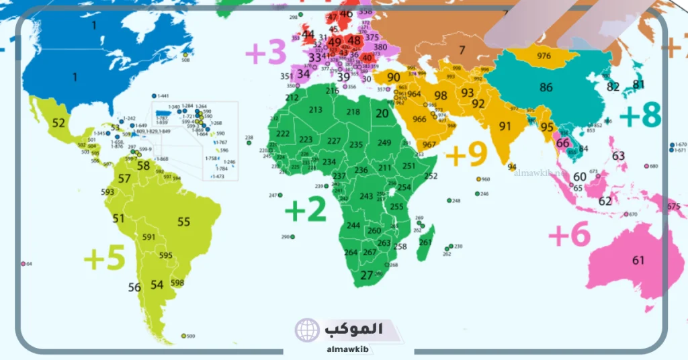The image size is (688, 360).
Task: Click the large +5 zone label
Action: (x=104, y=258)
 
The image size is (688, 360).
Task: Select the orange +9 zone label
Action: (x=466, y=154)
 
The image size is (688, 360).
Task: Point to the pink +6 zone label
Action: (x=569, y=235)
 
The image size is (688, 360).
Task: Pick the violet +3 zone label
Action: (x=266, y=52)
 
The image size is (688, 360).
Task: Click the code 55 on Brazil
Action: (x=183, y=222)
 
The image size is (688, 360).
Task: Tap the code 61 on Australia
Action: (x=638, y=260)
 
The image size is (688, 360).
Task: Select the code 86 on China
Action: (x=546, y=87)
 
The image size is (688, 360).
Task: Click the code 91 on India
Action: (x=505, y=126)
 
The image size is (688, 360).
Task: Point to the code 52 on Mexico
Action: (x=58, y=123)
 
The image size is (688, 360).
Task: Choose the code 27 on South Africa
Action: (x=366, y=275)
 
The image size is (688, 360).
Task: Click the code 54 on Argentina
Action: (x=157, y=285)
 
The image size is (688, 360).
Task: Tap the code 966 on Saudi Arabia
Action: (x=419, y=120)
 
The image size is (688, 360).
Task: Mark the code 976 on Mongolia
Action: (x=544, y=56)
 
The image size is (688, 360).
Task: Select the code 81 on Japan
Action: (x=638, y=85)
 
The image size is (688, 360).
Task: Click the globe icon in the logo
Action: (x=306, y=330)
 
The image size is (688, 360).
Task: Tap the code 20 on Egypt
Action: (x=382, y=114)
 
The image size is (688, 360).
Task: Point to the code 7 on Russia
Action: (x=462, y=50)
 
